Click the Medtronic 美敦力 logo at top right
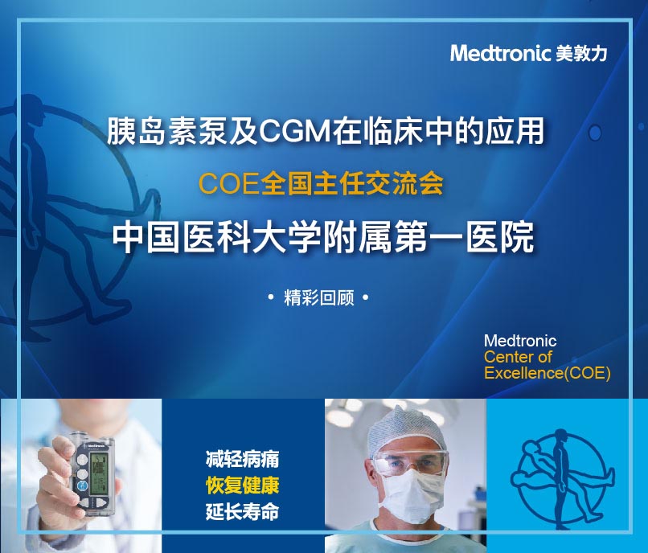tap(528, 53)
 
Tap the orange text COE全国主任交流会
tap(321, 183)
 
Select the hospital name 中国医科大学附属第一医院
tap(323, 238)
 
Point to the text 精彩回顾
tap(319, 297)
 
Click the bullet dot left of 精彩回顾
tap(271, 297)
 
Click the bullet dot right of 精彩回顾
tap(365, 297)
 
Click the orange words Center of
tap(518, 357)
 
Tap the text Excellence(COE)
tap(548, 373)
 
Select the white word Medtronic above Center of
tap(520, 341)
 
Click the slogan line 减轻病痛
tap(242, 459)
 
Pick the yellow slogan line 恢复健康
tap(242, 485)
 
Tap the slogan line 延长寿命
tap(242, 511)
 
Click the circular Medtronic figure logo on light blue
tap(563, 479)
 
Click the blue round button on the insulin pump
tap(83, 487)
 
